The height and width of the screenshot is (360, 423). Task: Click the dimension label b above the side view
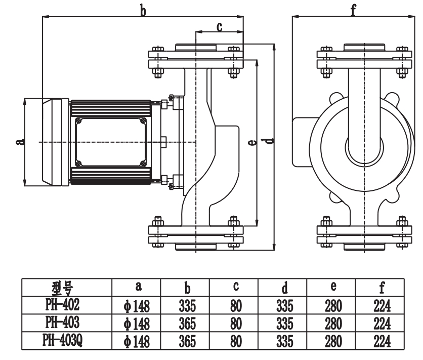pyautogui.click(x=143, y=10)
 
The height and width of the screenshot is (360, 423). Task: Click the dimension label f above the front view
pyautogui.click(x=353, y=10)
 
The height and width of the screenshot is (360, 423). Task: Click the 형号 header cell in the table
pyautogui.click(x=66, y=288)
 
